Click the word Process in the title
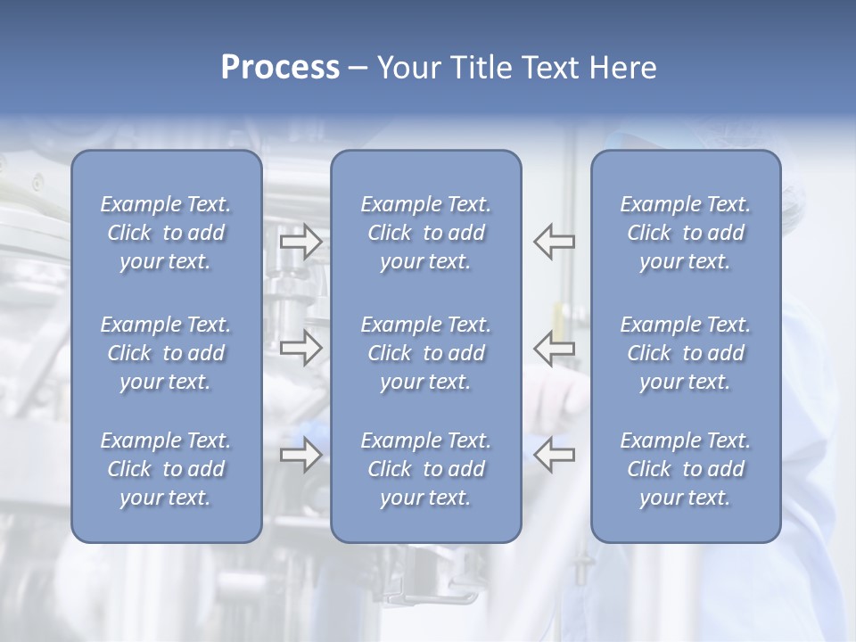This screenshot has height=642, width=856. [280, 68]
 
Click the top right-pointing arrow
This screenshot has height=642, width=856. [300, 242]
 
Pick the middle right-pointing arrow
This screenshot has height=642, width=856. [300, 348]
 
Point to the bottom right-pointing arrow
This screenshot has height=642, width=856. [300, 456]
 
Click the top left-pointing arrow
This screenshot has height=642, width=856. [555, 242]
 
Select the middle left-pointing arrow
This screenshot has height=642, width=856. [555, 348]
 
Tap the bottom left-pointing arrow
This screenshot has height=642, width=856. [555, 456]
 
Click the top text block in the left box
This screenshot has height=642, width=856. [166, 233]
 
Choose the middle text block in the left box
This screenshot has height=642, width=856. [166, 353]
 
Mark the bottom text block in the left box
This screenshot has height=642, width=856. [166, 469]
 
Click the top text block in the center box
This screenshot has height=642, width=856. [426, 233]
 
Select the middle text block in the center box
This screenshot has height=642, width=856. [426, 353]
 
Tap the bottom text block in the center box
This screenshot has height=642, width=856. [426, 469]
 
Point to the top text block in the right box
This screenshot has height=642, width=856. [686, 233]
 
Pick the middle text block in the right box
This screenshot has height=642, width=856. [686, 353]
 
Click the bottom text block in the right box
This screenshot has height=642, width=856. [686, 469]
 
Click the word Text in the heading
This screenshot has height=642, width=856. [546, 68]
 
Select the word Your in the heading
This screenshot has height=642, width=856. [407, 68]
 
